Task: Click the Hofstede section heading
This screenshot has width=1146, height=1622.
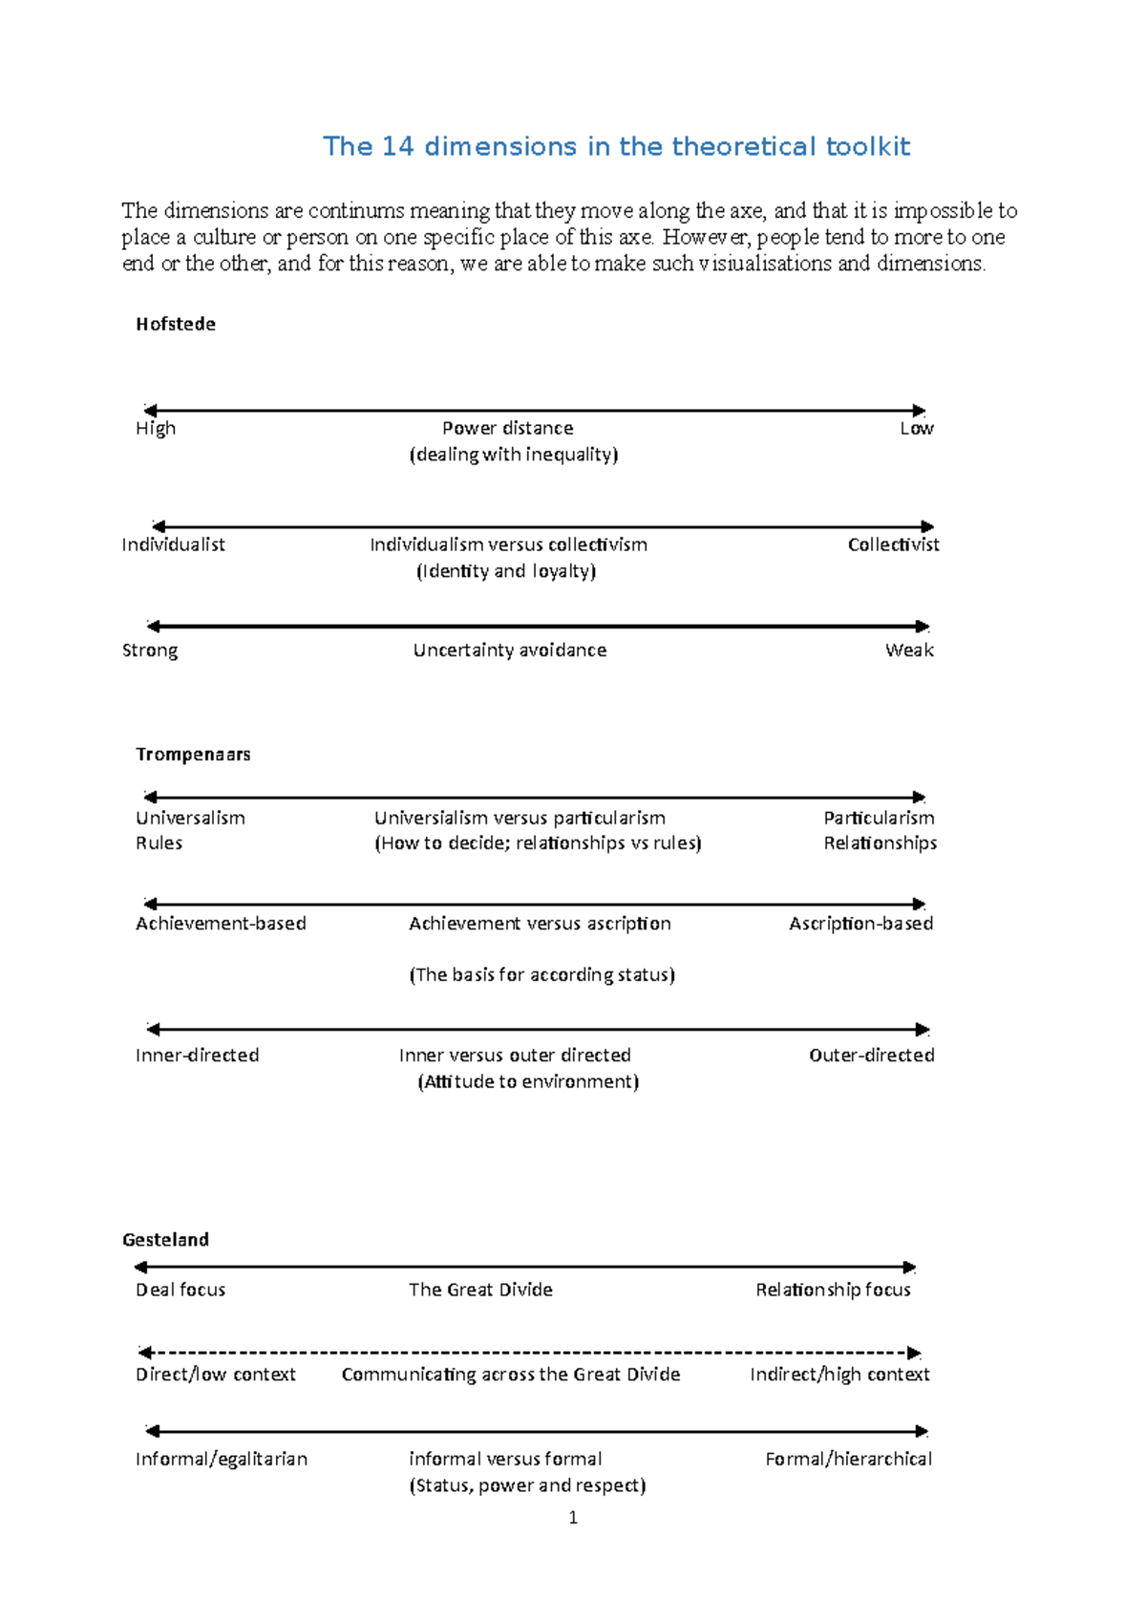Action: click(176, 325)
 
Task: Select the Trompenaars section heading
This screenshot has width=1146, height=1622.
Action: click(193, 755)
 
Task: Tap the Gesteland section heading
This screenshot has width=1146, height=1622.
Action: click(165, 1240)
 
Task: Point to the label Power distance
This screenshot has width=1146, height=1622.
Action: click(507, 429)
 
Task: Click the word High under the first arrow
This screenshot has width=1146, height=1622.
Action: click(156, 429)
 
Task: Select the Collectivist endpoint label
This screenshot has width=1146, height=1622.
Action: click(893, 544)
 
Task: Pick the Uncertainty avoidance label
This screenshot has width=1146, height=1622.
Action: click(509, 651)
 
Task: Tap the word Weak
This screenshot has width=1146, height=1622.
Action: click(909, 651)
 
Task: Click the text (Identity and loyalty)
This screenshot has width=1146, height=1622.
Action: click(506, 571)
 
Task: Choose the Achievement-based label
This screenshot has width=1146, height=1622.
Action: click(221, 924)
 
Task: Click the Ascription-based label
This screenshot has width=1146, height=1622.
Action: click(860, 924)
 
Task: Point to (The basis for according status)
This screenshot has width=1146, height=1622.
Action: click(541, 975)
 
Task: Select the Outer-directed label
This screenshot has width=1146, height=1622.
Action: click(871, 1056)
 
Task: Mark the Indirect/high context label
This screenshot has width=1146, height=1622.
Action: click(839, 1375)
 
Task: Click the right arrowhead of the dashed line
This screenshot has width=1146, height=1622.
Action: click(914, 1354)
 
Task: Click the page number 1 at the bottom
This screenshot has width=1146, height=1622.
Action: click(573, 1518)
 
